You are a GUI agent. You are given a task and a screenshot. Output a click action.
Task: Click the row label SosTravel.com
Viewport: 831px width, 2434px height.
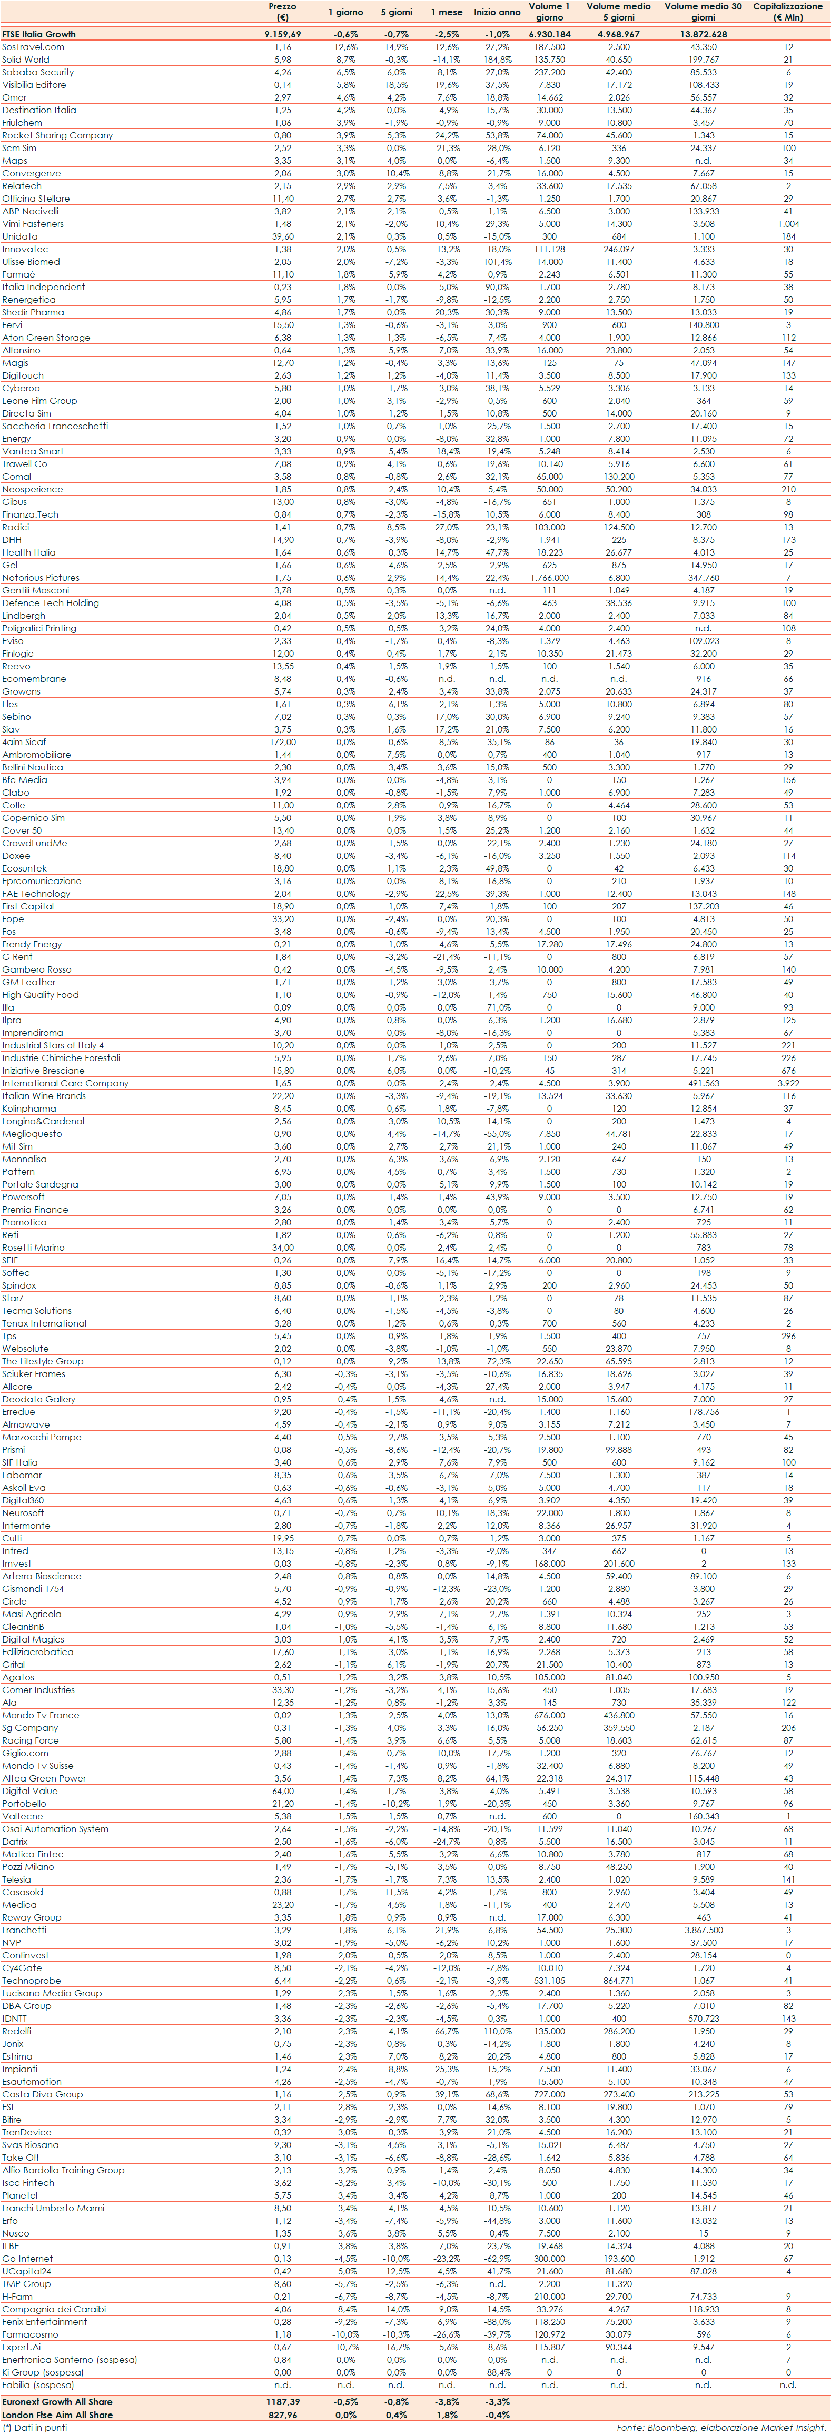33,46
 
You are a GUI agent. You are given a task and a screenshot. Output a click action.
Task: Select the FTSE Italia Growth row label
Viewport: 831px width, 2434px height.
39,34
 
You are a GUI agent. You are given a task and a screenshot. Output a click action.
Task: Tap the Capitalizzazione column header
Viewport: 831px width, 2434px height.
787,12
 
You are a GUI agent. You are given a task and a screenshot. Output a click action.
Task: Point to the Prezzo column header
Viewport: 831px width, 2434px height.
282,12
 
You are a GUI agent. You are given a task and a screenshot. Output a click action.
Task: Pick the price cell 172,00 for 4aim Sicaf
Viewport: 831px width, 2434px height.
282,741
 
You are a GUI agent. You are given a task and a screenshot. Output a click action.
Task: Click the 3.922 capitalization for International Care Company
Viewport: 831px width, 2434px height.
787,1083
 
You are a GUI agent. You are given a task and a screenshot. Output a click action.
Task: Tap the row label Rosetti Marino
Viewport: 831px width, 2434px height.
33,1247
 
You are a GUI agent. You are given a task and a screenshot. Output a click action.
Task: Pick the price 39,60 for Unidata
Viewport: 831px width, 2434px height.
282,236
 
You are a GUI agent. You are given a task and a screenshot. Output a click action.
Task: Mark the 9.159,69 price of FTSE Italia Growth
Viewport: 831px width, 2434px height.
282,34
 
